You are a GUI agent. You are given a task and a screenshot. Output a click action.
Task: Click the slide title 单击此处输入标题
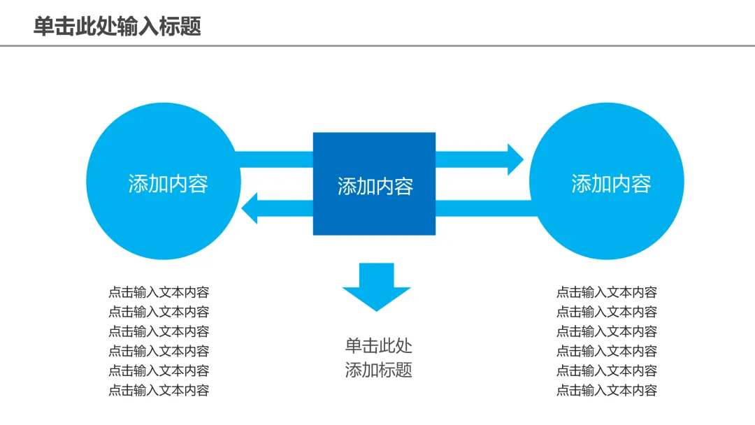coord(117,26)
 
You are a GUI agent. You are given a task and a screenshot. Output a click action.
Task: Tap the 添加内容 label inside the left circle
coord(168,184)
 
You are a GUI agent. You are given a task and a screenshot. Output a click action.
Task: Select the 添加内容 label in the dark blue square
coord(375,186)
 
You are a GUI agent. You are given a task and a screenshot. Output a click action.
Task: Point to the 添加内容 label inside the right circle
coord(611,184)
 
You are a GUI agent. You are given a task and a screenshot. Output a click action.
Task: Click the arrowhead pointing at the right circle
coord(516,159)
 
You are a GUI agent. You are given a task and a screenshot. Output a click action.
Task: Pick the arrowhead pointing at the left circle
coord(250,208)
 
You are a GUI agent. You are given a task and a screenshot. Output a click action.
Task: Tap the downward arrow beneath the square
coord(377,287)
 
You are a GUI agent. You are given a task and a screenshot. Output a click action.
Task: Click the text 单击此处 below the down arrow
coord(378,345)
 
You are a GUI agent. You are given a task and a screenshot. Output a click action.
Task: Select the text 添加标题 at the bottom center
coord(378,370)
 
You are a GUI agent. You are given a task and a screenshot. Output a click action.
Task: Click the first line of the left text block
coord(159,292)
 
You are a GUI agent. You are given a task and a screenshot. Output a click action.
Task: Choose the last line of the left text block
coord(159,390)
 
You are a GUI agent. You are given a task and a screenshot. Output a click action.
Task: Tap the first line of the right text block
coord(607,292)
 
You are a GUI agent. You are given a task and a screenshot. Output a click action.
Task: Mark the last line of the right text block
coord(607,390)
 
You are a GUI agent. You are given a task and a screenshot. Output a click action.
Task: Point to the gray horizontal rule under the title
coord(377,46)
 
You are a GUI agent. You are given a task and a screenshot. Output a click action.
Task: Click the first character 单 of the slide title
coord(43,26)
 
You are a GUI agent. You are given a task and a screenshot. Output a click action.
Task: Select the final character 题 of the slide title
coord(191,26)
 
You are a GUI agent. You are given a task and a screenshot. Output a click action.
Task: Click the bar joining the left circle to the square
coord(274,159)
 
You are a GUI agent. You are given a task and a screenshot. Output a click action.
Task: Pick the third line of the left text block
coord(159,331)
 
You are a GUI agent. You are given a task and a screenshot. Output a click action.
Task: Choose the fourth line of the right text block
coord(607,352)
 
